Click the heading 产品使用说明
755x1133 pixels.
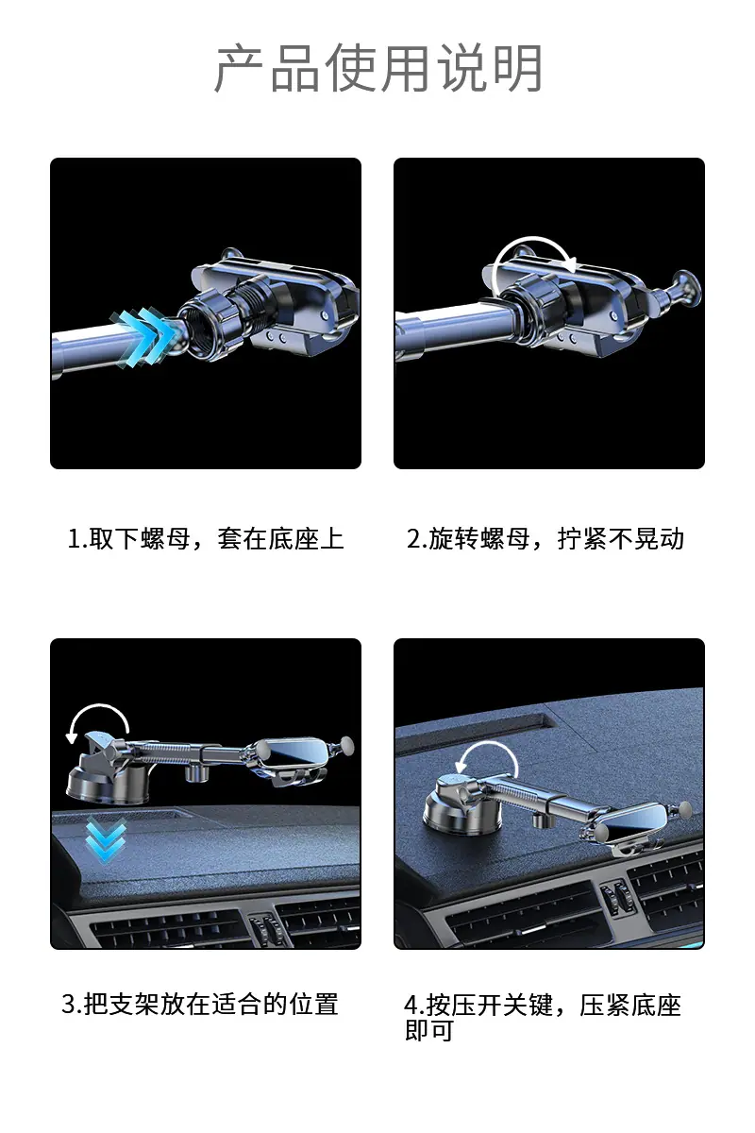click(x=378, y=68)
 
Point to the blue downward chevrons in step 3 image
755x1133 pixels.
click(x=106, y=839)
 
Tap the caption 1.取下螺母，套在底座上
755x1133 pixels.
click(x=206, y=539)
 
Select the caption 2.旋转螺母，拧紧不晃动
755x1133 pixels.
click(x=545, y=539)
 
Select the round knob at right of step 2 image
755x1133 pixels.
click(x=685, y=287)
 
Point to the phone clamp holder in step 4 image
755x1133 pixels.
click(x=637, y=830)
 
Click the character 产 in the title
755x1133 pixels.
click(x=239, y=69)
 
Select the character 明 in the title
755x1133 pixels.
click(x=518, y=69)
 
